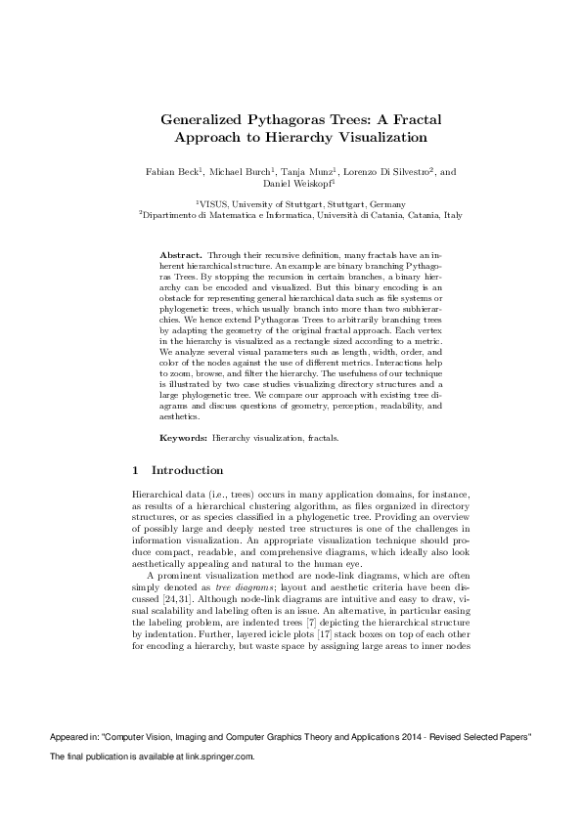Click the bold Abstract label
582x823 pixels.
tap(180, 253)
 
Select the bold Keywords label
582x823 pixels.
tap(182, 438)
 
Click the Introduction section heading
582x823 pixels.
tap(188, 471)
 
